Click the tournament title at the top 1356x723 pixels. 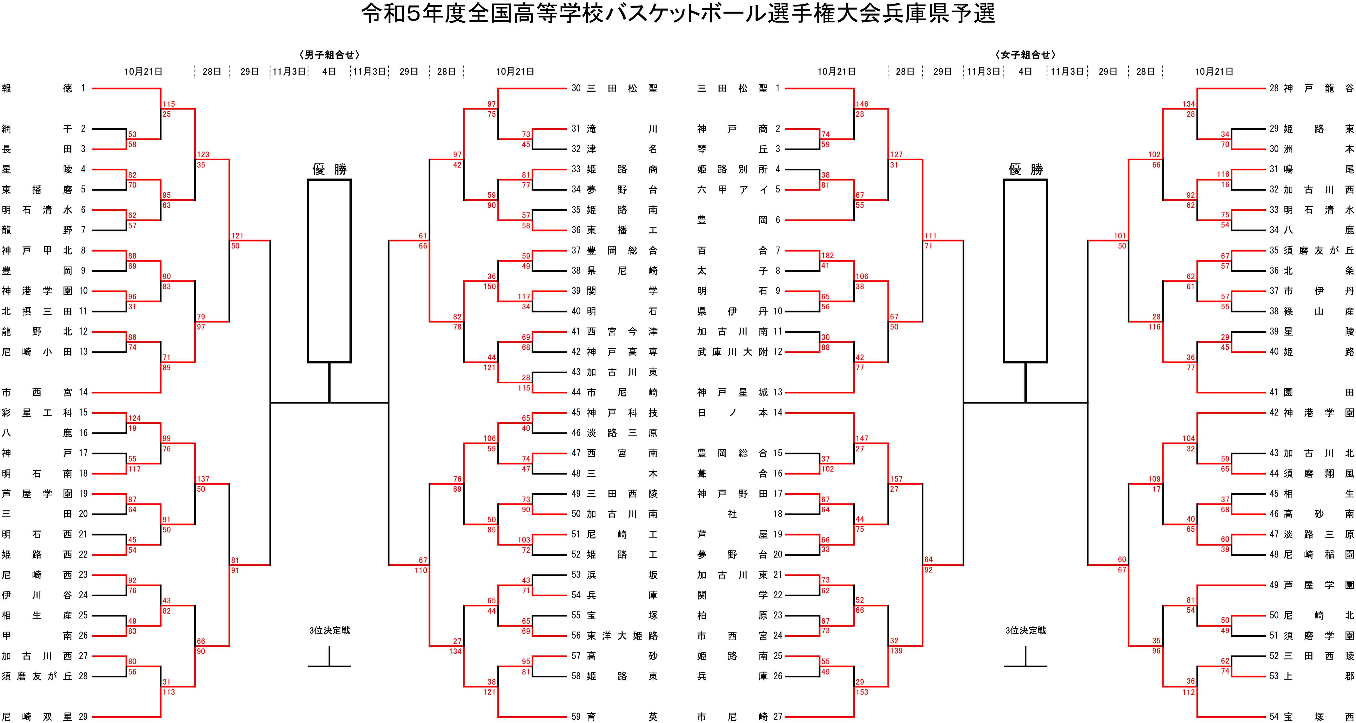point(678,14)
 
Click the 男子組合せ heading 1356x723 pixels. point(330,55)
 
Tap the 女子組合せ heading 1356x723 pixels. point(1025,55)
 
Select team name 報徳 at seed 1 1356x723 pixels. point(37,89)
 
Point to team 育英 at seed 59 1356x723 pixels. point(622,717)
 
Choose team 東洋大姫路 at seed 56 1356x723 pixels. point(622,636)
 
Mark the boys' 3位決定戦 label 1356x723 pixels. point(330,630)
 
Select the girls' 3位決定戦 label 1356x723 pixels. point(1025,630)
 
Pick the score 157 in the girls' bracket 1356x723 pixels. point(896,479)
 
